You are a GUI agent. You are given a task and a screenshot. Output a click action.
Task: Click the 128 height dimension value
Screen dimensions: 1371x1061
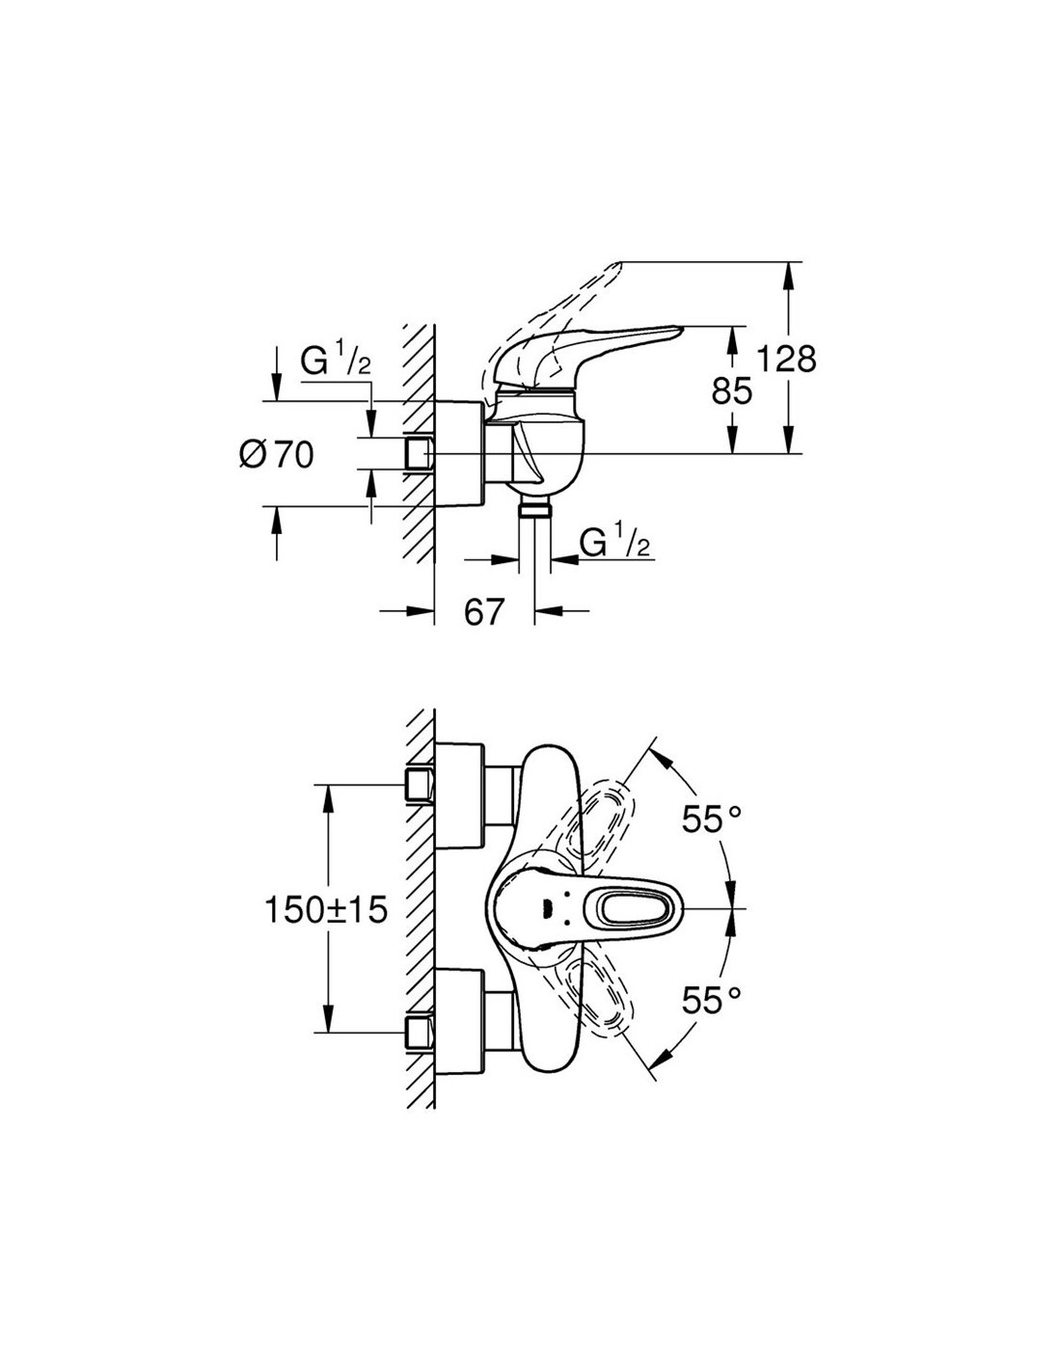[786, 359]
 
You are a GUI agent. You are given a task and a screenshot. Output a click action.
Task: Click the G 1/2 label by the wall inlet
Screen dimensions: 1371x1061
[336, 363]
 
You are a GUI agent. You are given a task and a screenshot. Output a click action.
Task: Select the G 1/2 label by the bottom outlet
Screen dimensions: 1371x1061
[614, 545]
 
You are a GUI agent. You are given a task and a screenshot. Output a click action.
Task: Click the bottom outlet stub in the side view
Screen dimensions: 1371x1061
[531, 510]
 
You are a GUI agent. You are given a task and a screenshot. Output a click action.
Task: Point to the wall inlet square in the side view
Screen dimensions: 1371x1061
[419, 453]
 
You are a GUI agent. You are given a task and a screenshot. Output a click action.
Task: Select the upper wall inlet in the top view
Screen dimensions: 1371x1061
[419, 784]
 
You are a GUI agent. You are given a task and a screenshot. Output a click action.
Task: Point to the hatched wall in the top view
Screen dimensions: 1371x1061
[421, 906]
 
